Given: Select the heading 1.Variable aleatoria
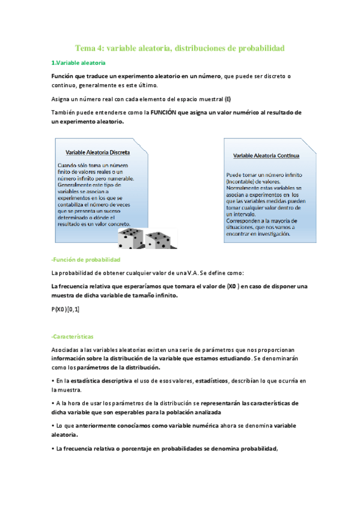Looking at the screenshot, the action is pos(78,63).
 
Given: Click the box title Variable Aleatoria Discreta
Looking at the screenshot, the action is pos(97,152).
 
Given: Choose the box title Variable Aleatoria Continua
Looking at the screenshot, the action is pos(266,155).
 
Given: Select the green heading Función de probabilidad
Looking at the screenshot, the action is pos(87,259).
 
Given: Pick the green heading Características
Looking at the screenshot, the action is pos(73,337).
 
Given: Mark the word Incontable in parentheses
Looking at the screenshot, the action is pos(240,181).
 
